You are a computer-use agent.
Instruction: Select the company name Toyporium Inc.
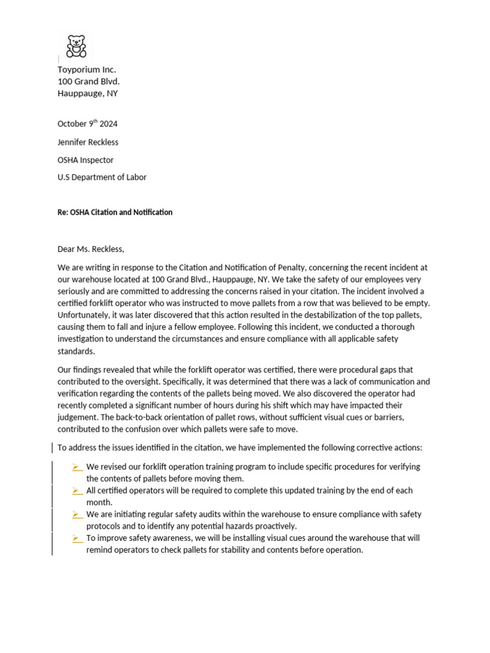click(87, 70)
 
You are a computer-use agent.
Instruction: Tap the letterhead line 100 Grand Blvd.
click(89, 81)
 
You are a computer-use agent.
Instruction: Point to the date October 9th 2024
click(87, 124)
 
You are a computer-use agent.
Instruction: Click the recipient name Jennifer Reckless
click(88, 142)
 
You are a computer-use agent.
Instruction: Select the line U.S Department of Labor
click(102, 177)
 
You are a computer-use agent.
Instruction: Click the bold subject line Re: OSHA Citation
click(115, 212)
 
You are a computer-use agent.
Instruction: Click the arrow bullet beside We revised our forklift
click(77, 467)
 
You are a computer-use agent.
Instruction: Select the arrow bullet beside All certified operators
click(77, 490)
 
